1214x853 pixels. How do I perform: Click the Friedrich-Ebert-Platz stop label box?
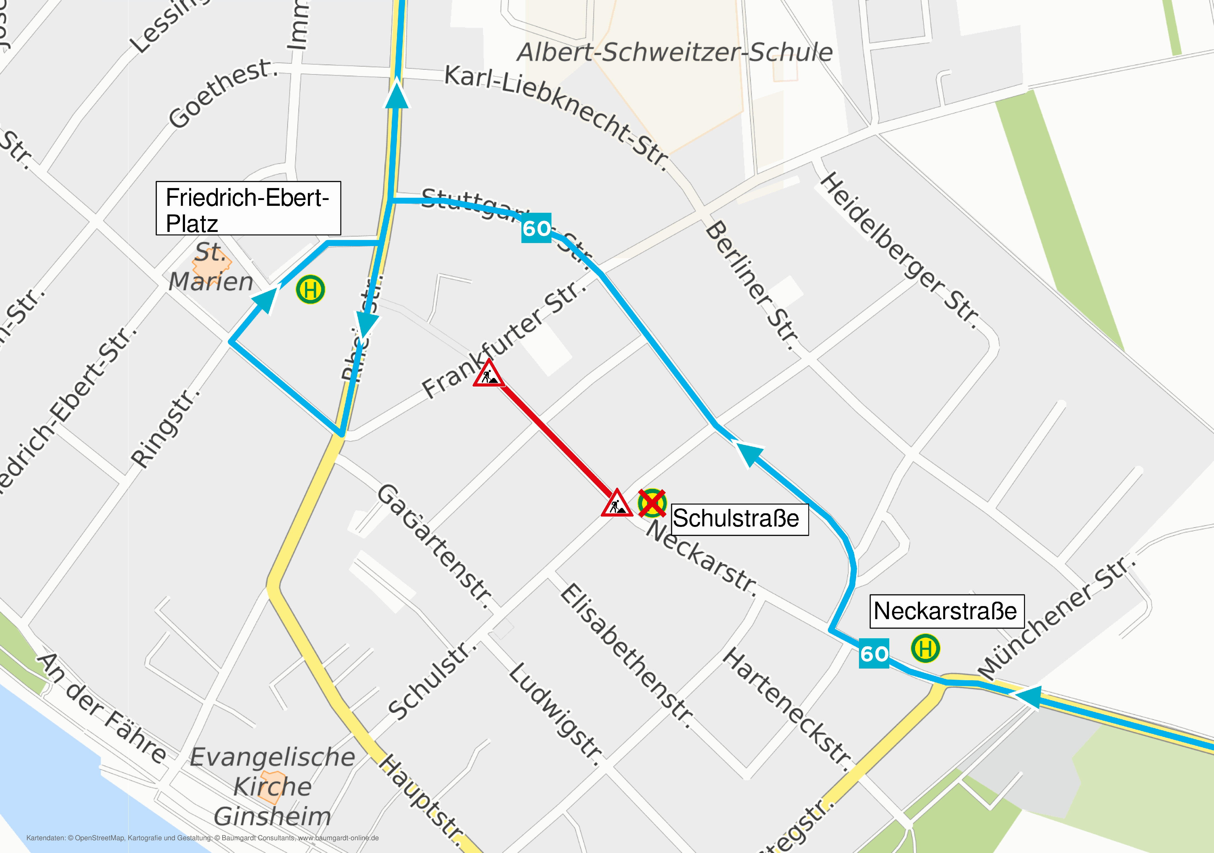click(248, 208)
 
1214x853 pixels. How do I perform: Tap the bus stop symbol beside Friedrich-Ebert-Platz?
click(310, 290)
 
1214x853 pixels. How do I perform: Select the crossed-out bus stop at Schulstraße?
click(652, 502)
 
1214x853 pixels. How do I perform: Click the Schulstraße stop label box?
click(739, 519)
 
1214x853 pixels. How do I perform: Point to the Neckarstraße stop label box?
click(946, 611)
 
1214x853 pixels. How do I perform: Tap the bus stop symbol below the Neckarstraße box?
click(925, 648)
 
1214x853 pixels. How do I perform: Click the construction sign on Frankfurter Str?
click(489, 374)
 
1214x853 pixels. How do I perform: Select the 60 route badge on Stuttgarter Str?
click(536, 228)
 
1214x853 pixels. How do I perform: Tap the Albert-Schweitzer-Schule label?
click(674, 52)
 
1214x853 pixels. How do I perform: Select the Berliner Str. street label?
click(752, 285)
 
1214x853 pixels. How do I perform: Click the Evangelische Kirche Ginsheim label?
click(272, 786)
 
